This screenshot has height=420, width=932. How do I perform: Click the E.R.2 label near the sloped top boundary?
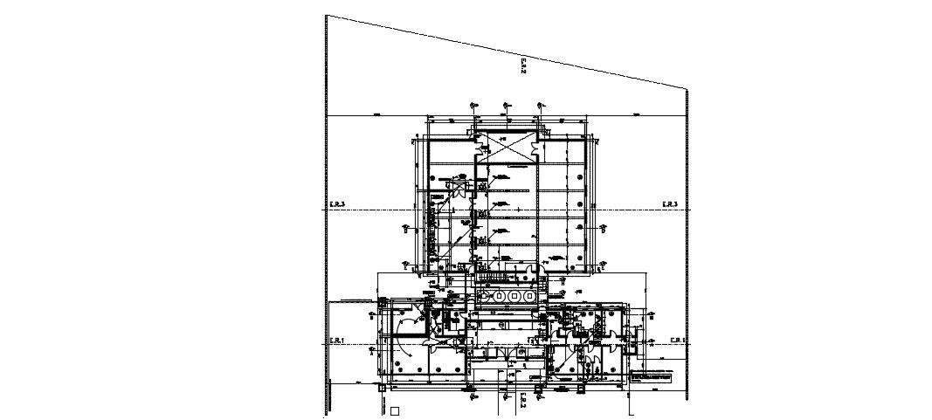coord(522,65)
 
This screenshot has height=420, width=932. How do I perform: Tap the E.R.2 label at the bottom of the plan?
coord(521,403)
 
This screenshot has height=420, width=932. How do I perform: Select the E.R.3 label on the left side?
coord(338,204)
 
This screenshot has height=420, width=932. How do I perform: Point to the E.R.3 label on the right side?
coord(670,204)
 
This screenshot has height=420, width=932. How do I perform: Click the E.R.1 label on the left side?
coord(338,340)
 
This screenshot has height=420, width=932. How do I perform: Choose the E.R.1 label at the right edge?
coord(678,340)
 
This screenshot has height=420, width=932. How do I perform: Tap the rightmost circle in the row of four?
coord(530,297)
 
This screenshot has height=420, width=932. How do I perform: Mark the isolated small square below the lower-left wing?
coord(394,410)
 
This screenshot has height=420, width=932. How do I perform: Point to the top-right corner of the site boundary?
coord(687,88)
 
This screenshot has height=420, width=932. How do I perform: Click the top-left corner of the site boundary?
coord(326,15)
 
